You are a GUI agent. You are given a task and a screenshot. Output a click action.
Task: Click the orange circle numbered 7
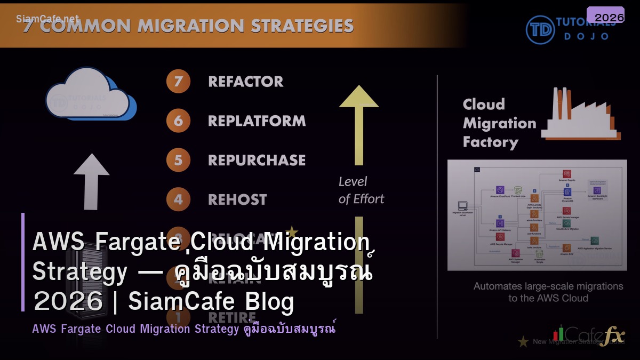[178, 82]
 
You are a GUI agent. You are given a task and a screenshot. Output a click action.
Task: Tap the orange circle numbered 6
[178, 121]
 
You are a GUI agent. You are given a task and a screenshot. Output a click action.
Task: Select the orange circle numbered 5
[178, 160]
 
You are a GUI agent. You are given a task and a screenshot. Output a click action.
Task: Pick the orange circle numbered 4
[178, 199]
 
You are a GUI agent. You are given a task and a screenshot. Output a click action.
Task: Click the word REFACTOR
[245, 82]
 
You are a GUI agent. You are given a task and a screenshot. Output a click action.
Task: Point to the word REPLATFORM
[257, 121]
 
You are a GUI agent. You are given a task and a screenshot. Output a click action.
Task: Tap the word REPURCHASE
[257, 160]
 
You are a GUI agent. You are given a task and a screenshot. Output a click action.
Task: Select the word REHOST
[237, 199]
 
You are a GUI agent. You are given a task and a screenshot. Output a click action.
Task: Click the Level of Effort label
[361, 190]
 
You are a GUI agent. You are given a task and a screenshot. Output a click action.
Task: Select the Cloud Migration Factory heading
[499, 123]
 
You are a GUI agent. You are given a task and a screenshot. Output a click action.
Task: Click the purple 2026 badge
[605, 16]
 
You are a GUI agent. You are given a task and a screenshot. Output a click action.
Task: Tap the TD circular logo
[540, 29]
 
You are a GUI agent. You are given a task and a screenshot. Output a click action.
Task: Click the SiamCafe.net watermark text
[47, 19]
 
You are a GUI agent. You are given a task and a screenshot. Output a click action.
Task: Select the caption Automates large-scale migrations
[548, 286]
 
